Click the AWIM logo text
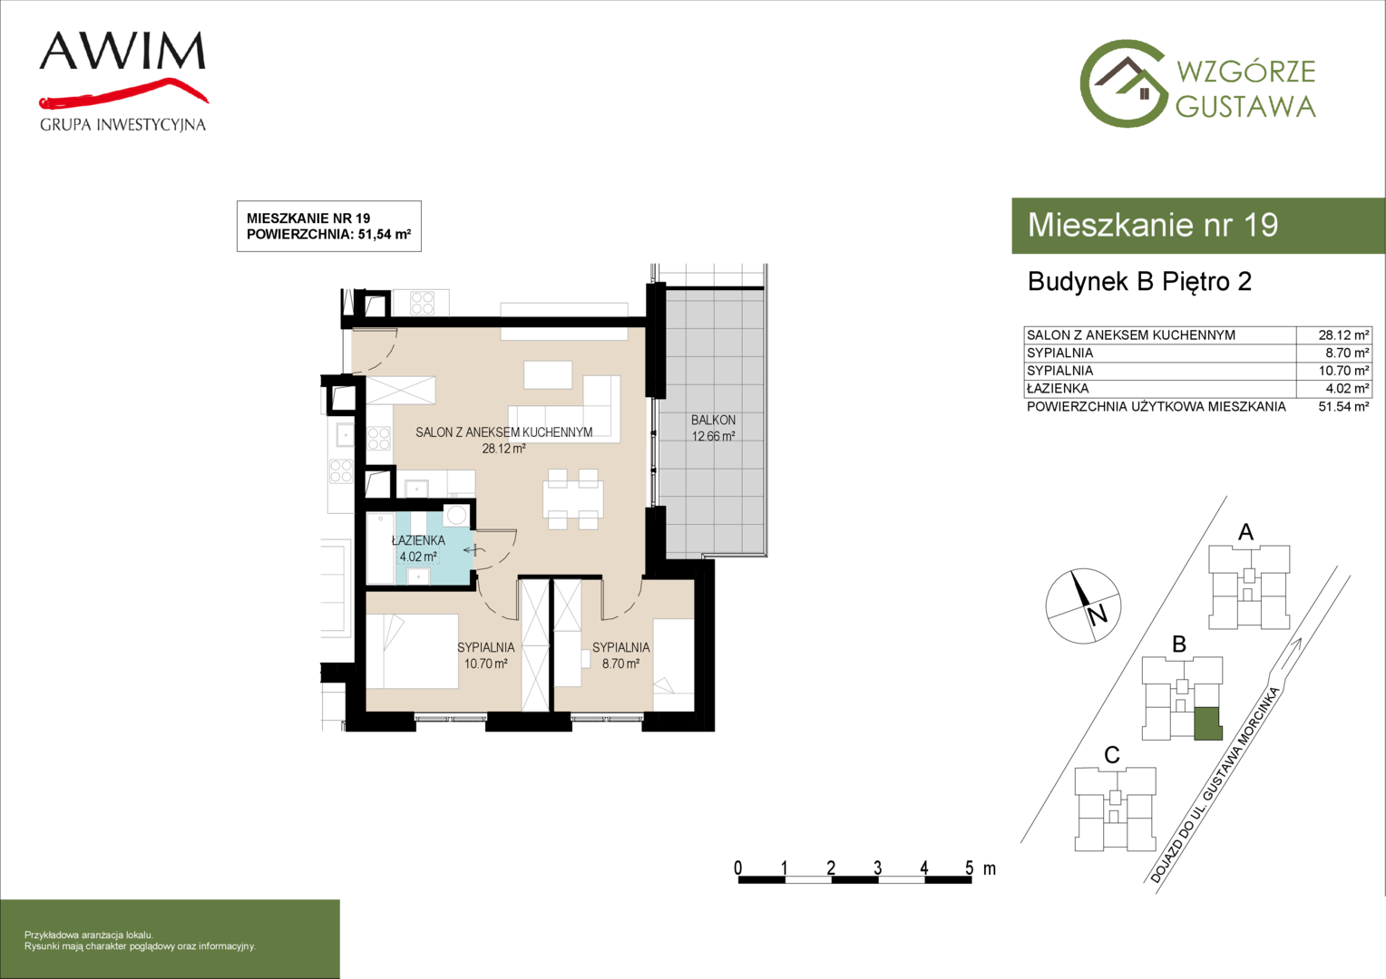click(122, 51)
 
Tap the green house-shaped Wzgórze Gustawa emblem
click(1124, 83)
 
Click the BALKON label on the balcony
click(714, 420)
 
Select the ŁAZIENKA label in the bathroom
click(418, 540)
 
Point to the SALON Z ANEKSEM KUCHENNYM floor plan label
click(503, 432)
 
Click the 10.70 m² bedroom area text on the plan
click(485, 664)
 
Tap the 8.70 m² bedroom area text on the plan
click(620, 664)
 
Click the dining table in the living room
click(573, 499)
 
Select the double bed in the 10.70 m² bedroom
click(412, 651)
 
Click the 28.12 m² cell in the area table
click(1343, 335)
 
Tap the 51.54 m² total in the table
click(1343, 407)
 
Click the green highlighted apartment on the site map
click(1208, 723)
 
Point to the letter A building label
click(1245, 532)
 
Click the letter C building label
click(1112, 755)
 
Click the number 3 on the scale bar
click(877, 868)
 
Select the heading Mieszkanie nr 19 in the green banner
click(1153, 225)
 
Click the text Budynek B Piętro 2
click(1140, 281)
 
